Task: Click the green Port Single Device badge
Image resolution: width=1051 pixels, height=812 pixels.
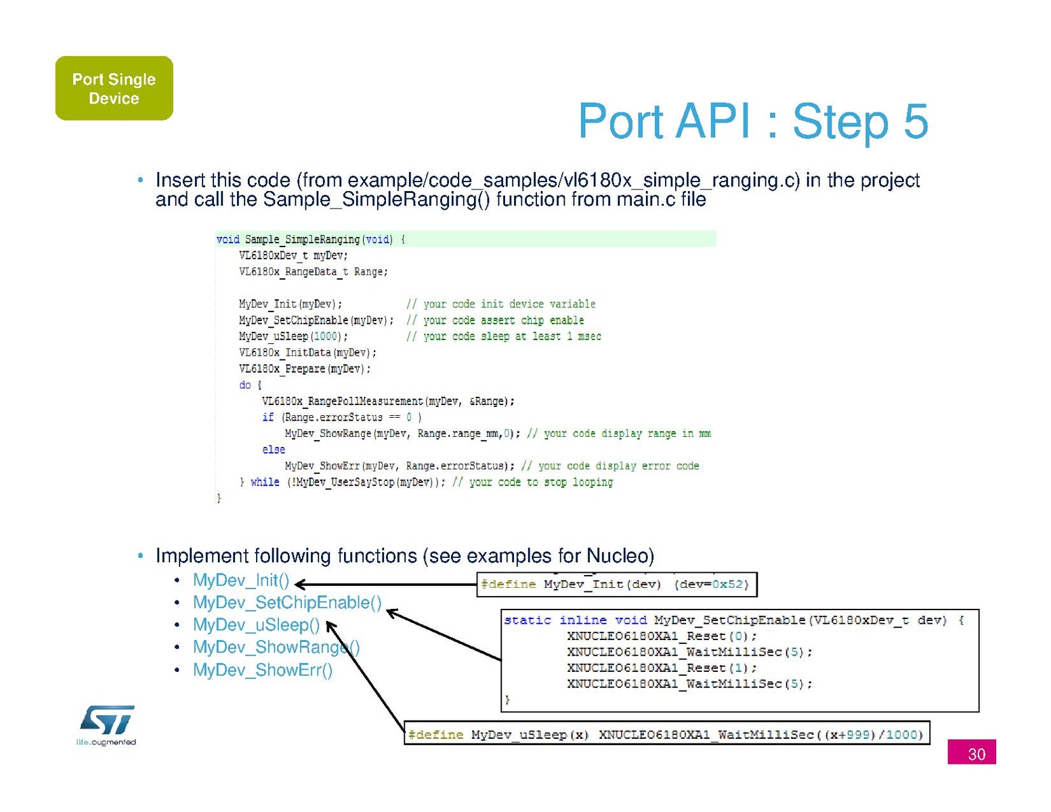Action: [x=114, y=88]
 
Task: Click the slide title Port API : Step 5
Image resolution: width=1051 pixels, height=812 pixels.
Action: [x=753, y=121]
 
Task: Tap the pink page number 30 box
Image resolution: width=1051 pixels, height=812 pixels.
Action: [x=971, y=752]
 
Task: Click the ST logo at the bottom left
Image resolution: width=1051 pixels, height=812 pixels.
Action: [x=106, y=725]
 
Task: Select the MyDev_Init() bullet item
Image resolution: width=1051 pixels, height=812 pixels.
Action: [x=241, y=580]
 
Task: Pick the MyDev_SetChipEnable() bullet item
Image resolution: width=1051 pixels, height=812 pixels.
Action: [x=287, y=602]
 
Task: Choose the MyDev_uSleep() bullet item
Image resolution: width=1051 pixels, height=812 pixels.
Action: [x=257, y=624]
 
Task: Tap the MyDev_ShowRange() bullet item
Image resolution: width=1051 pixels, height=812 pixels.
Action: [x=276, y=647]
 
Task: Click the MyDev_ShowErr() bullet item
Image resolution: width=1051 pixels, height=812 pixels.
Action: [x=263, y=670]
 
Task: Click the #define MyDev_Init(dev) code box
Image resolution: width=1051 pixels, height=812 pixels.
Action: [x=617, y=584]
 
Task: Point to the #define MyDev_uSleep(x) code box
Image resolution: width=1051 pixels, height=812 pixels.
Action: [x=666, y=733]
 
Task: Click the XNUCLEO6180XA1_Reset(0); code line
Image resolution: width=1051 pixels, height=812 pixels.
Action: [x=662, y=635]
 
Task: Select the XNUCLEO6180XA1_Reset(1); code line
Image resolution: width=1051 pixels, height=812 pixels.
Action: [x=662, y=667]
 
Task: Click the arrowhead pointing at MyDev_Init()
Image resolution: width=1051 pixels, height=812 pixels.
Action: [x=300, y=584]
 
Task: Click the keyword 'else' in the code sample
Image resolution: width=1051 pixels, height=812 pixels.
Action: [x=274, y=449]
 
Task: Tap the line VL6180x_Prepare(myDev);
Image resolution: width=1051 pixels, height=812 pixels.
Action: [x=305, y=368]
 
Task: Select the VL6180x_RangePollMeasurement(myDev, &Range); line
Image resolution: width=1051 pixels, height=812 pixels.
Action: [x=388, y=401]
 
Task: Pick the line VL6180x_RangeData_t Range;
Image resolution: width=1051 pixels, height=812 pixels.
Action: [x=314, y=272]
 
